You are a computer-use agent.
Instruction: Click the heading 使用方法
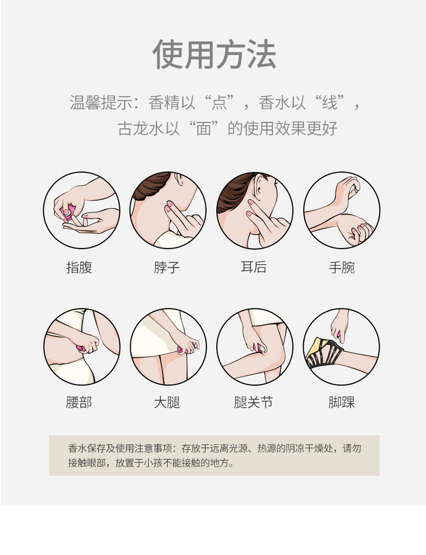(214, 54)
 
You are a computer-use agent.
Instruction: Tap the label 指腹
(79, 267)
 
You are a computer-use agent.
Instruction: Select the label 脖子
(167, 267)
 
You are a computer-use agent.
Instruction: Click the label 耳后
(253, 267)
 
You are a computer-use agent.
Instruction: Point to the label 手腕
(341, 267)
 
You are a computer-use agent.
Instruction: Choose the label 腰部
(79, 402)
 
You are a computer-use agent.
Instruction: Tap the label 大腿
(167, 402)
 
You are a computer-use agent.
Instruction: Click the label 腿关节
(253, 402)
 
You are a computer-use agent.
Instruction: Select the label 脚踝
(341, 402)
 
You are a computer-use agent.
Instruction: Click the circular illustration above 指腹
(81, 210)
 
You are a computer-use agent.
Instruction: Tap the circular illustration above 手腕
(341, 210)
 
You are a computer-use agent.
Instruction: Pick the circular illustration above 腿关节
(255, 346)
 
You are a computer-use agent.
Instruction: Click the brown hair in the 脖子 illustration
(152, 187)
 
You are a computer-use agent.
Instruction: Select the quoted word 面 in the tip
(203, 129)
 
